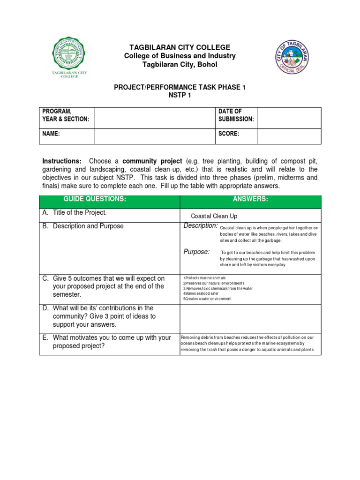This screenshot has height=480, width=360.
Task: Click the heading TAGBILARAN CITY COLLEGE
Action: click(x=180, y=47)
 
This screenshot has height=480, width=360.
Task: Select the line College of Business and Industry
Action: click(x=180, y=56)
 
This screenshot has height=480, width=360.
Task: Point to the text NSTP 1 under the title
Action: click(x=180, y=95)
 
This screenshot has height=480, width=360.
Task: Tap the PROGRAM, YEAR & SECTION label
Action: click(x=66, y=115)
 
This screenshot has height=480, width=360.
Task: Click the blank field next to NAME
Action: click(x=154, y=134)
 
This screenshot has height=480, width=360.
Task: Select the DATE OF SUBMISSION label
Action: click(x=236, y=115)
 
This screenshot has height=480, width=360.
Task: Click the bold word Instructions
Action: click(x=62, y=161)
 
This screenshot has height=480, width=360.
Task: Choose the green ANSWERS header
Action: click(x=250, y=199)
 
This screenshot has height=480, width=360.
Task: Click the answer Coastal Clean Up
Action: click(x=214, y=216)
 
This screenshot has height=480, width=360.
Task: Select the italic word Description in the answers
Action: click(x=200, y=226)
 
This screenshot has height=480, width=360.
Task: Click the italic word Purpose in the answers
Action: click(x=196, y=252)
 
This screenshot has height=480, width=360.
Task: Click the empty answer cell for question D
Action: click(x=250, y=318)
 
